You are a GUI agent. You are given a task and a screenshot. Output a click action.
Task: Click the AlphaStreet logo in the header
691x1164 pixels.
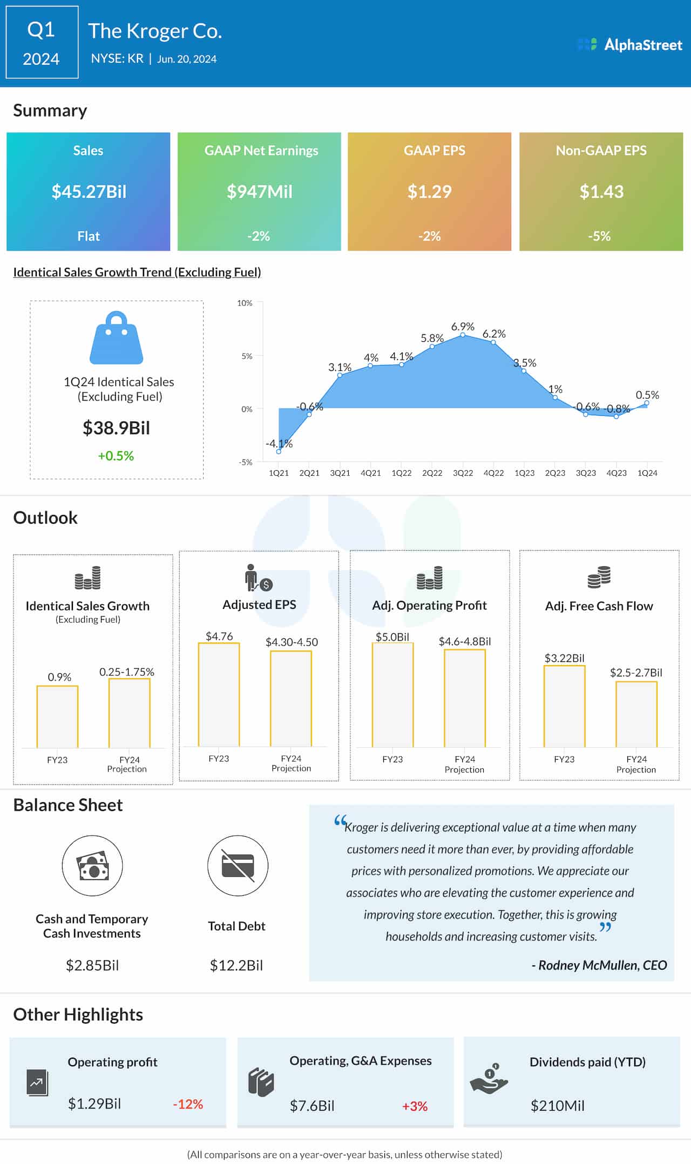coord(629,45)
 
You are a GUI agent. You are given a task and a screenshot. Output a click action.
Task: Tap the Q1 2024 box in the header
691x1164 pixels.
coord(42,43)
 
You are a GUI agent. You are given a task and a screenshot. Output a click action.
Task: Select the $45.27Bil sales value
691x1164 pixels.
coord(89,192)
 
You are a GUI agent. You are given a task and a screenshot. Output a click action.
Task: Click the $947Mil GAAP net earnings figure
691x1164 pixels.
coord(259,192)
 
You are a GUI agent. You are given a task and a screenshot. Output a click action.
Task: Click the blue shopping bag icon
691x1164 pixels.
coord(116,338)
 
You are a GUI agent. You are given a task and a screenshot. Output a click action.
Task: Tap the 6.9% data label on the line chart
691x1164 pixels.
coord(463,327)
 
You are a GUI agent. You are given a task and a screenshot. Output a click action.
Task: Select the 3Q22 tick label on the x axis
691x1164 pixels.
coord(463,473)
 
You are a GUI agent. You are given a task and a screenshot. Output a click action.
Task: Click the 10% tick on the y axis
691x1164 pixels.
coord(245,303)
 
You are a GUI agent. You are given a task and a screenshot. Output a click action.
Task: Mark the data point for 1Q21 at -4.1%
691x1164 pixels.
coord(279,451)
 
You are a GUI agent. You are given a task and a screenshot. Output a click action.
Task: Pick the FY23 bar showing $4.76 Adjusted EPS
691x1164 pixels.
coord(219,695)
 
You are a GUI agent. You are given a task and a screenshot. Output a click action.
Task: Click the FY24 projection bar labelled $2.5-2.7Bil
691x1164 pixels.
coord(636,714)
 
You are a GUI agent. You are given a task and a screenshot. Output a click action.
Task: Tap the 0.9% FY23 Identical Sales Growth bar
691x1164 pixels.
coord(57,716)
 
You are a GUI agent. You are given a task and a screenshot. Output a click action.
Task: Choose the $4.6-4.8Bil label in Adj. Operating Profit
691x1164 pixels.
coord(464,641)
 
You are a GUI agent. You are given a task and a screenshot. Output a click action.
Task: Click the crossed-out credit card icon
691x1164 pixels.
coord(238,865)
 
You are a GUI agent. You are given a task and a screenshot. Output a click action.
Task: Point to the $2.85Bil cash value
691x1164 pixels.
coord(92,965)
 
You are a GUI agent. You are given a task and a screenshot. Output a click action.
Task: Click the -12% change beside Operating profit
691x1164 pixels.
coord(188,1104)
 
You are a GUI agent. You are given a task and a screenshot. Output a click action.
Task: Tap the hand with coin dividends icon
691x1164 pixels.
coord(489,1080)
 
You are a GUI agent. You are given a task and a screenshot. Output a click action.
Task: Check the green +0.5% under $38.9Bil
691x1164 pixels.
coord(116,456)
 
